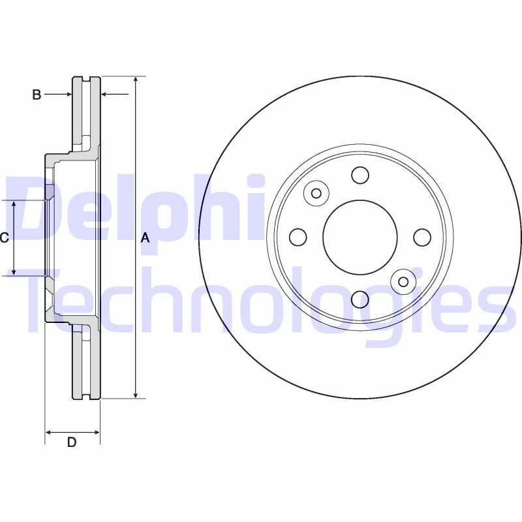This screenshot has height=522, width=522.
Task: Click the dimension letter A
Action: coord(145,238)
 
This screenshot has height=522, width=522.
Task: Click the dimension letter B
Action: coord(37,95)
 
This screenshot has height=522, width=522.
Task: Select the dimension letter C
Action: coord(4,238)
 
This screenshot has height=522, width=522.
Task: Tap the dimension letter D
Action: coord(72,442)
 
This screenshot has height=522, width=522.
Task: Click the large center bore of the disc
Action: coord(360,238)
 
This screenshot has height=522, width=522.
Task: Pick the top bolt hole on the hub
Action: coord(360,175)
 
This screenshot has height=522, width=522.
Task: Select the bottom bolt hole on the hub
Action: coord(360,299)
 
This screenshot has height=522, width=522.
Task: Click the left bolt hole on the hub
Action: coord(298,238)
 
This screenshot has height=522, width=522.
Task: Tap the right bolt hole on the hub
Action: coord(422,238)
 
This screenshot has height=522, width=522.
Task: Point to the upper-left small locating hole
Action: coord(316,193)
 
